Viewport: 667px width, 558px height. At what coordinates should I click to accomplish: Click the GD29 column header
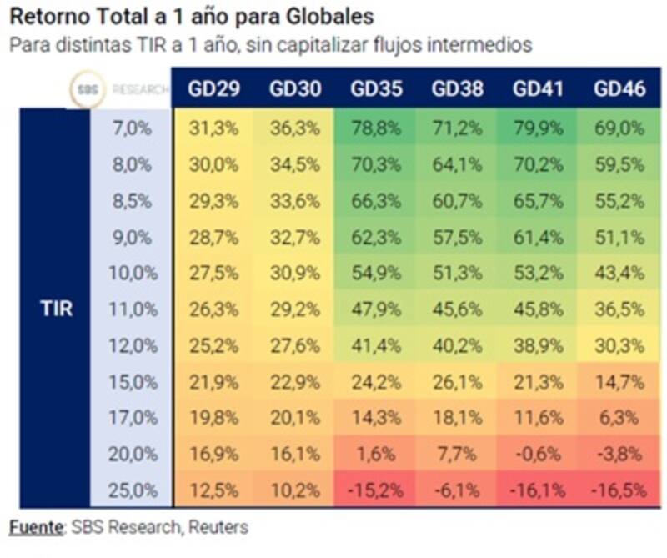click(x=214, y=89)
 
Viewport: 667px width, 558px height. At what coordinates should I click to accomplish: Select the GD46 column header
click(x=619, y=89)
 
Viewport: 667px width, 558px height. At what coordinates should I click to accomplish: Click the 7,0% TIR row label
click(x=133, y=129)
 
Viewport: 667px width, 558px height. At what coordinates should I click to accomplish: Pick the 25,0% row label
click(x=133, y=490)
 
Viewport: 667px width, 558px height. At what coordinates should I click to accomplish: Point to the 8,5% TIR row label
click(x=133, y=201)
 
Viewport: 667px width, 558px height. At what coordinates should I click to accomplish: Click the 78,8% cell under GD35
click(x=376, y=129)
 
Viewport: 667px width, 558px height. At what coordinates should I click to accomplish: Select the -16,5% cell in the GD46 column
click(x=619, y=490)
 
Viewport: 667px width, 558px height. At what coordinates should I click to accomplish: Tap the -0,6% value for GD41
click(x=538, y=454)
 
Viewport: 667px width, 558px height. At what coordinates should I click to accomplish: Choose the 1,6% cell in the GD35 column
click(x=376, y=454)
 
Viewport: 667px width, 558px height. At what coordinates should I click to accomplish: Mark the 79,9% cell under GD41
click(x=538, y=129)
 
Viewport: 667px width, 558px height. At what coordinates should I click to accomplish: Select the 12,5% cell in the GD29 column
click(x=214, y=490)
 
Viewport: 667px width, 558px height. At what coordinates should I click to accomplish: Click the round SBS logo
click(x=88, y=89)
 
